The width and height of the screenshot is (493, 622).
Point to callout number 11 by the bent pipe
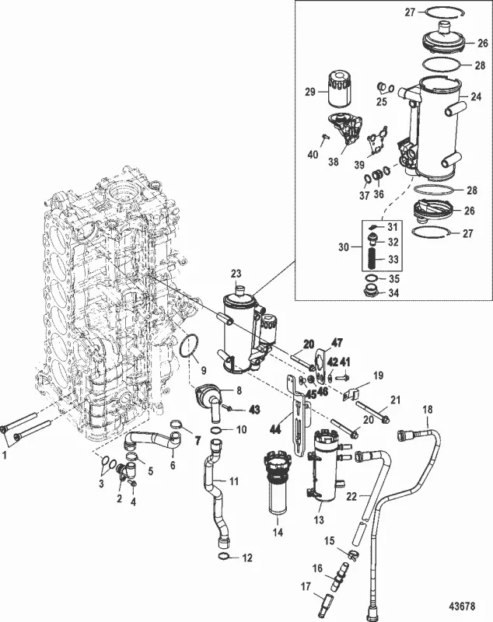pyautogui.click(x=233, y=481)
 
